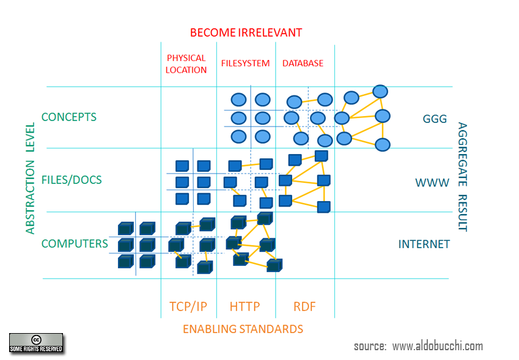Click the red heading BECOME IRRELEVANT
pos(246,33)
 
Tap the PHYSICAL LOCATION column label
pos(186,64)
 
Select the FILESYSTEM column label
pos(245,63)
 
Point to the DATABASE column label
pos(303,63)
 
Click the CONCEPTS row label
pos(69,117)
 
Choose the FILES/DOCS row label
pos(72,180)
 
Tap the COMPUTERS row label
pos(75,243)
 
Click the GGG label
pos(435,119)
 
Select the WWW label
pos(432,183)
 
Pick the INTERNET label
pos(424,244)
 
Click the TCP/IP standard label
pos(188,307)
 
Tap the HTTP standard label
pos(245,307)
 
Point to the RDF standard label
pos(304,307)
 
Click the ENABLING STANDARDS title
pos(243,329)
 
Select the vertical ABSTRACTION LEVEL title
pos(30,178)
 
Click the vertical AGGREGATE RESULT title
pos(462,177)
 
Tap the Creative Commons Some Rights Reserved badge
pos(36,343)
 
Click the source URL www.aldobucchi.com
pos(438,346)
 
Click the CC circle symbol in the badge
pos(36,340)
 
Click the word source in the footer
pos(370,347)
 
